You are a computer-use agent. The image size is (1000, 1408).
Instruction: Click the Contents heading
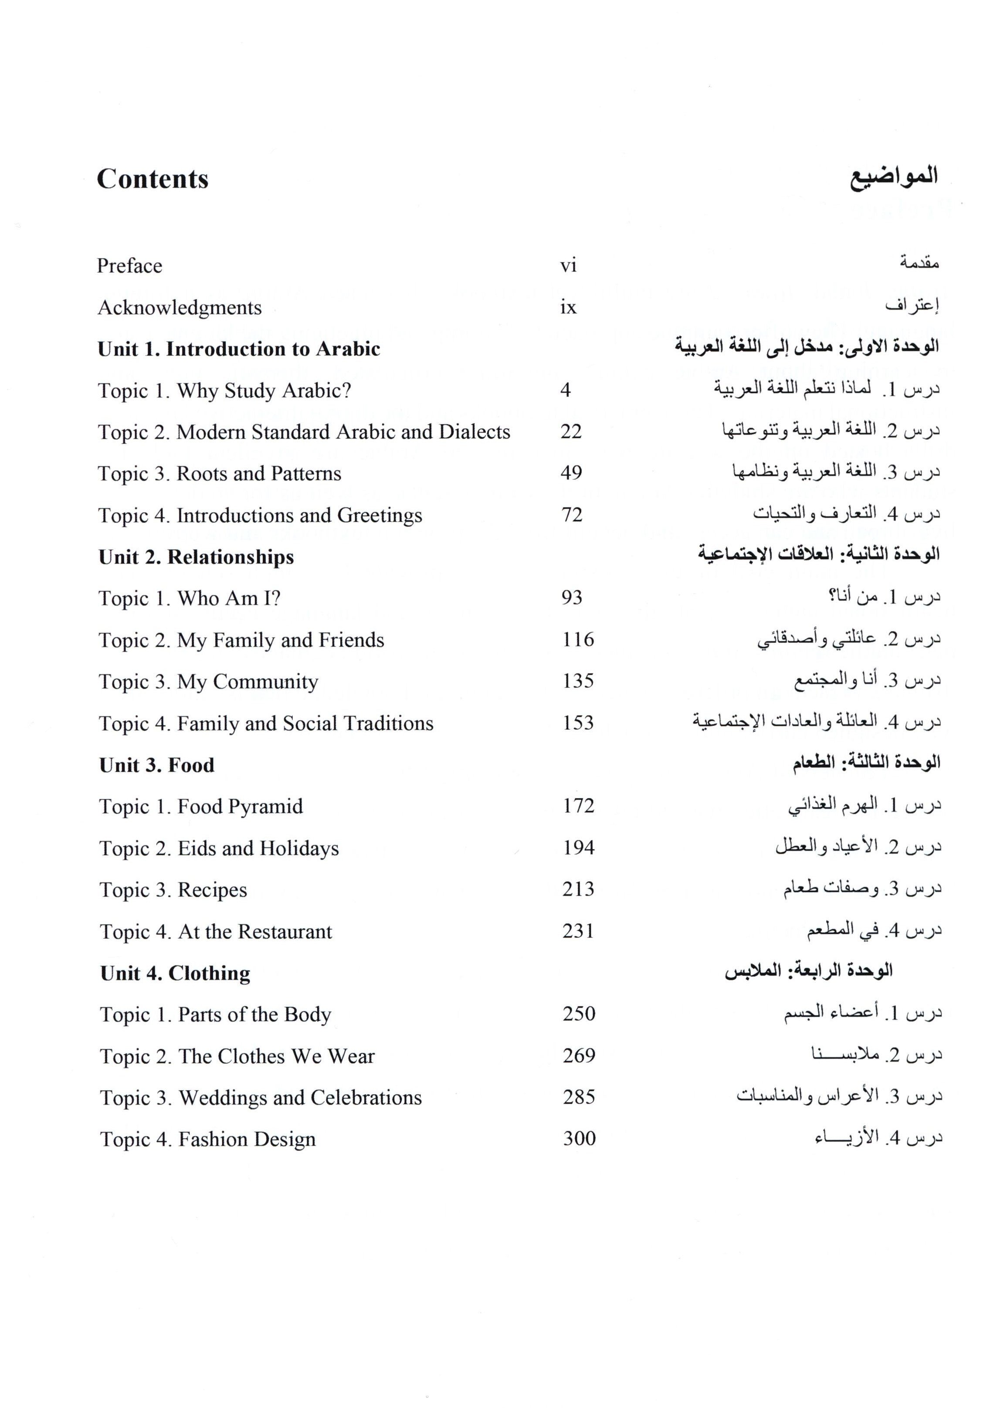pyautogui.click(x=153, y=179)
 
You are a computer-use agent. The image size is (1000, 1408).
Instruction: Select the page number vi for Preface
pyautogui.click(x=568, y=265)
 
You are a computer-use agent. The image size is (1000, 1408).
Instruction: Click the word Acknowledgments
pyautogui.click(x=179, y=307)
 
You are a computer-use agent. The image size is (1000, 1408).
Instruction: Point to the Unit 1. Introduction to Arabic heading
pyautogui.click(x=239, y=349)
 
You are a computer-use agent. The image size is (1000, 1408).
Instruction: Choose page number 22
pyautogui.click(x=571, y=431)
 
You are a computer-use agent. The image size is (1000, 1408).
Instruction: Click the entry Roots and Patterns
pyautogui.click(x=259, y=473)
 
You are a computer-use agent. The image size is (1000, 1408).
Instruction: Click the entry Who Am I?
pyautogui.click(x=228, y=598)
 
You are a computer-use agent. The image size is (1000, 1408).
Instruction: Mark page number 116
pyautogui.click(x=578, y=640)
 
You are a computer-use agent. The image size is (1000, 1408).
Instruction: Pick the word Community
pyautogui.click(x=265, y=682)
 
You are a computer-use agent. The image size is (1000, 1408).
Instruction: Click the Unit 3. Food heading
pyautogui.click(x=157, y=765)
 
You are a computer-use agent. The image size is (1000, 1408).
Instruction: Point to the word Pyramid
pyautogui.click(x=271, y=807)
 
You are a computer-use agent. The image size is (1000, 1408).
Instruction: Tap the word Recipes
pyautogui.click(x=213, y=890)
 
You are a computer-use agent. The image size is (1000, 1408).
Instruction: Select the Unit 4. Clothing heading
pyautogui.click(x=176, y=974)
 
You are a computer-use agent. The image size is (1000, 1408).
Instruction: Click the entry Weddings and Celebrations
pyautogui.click(x=300, y=1098)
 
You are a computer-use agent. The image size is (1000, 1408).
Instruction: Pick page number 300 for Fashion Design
pyautogui.click(x=579, y=1139)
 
